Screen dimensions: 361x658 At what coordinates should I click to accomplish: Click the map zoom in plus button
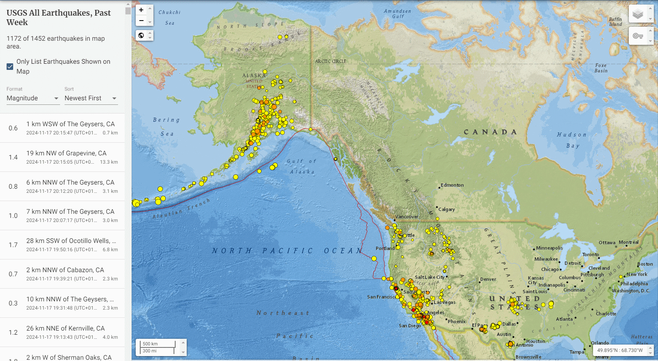coord(141,10)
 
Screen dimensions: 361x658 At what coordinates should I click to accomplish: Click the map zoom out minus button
coord(141,21)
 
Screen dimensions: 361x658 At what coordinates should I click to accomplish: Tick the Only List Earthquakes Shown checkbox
coord(10,67)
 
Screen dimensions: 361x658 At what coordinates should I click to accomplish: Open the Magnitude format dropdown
coord(32,98)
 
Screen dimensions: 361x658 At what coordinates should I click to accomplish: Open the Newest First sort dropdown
coord(90,98)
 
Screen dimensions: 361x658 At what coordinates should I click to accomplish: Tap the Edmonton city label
coord(452,185)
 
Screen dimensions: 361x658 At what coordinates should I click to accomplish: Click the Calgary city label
coord(447,209)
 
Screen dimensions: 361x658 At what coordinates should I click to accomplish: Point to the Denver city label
coord(488,279)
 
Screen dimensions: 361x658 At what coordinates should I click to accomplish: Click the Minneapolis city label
coord(549,248)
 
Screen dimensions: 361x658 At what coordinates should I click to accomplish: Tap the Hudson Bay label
coord(572,140)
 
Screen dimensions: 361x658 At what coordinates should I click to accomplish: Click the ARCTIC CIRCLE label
coord(331,61)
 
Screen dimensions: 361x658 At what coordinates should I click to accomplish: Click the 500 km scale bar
coord(158,344)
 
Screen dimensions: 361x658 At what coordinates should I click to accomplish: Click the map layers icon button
coord(637,15)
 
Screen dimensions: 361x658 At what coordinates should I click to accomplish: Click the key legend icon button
coord(637,36)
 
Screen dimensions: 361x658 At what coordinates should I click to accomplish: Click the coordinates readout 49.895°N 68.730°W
coord(620,350)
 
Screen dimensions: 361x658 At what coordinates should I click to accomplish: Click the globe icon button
coord(141,35)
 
